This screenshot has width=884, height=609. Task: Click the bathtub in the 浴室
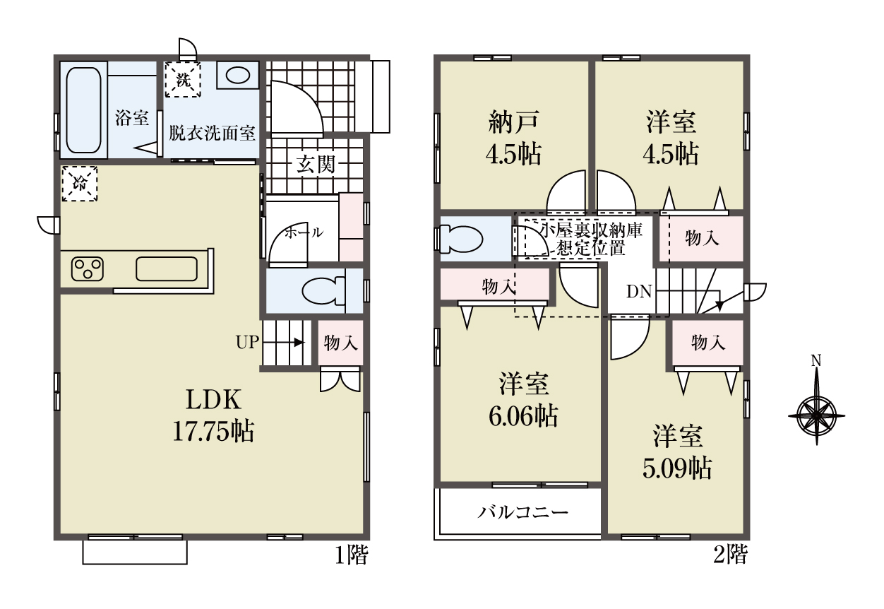[83, 110]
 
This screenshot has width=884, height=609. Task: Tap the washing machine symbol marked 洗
[183, 79]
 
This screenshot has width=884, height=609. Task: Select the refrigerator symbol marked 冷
[79, 184]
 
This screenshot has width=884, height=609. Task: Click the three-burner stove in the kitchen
[88, 269]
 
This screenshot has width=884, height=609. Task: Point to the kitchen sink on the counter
[167, 269]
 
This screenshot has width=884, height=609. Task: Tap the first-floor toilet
[324, 291]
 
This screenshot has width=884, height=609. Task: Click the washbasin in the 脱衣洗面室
[238, 75]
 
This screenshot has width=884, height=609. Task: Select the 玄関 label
[316, 165]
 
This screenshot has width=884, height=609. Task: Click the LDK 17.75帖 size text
[213, 415]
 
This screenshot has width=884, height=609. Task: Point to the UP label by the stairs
[247, 343]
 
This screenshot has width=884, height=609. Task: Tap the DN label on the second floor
[639, 292]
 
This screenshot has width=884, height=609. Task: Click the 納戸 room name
[514, 122]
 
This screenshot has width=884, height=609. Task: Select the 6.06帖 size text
[523, 416]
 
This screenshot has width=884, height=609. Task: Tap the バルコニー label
[523, 513]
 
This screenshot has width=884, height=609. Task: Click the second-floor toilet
[462, 239]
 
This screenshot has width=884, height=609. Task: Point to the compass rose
[816, 416]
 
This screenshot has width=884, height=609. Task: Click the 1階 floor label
[351, 555]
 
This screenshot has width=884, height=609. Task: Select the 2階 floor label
[730, 555]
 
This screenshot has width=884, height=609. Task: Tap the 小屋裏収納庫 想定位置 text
[591, 240]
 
